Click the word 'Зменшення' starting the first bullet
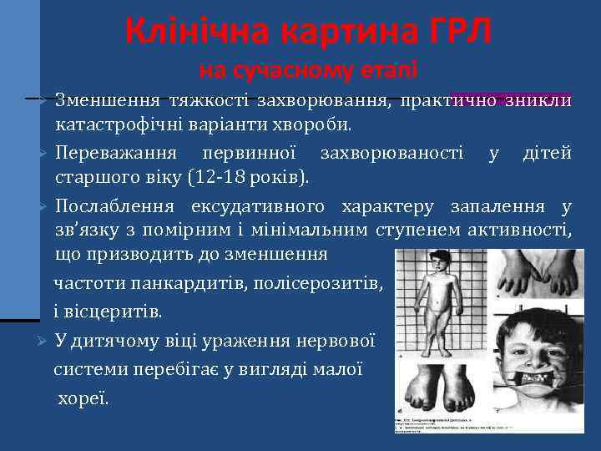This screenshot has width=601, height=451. click(106, 101)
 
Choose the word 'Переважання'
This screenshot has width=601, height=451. click(115, 153)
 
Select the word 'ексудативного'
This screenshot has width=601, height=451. click(267, 205)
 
